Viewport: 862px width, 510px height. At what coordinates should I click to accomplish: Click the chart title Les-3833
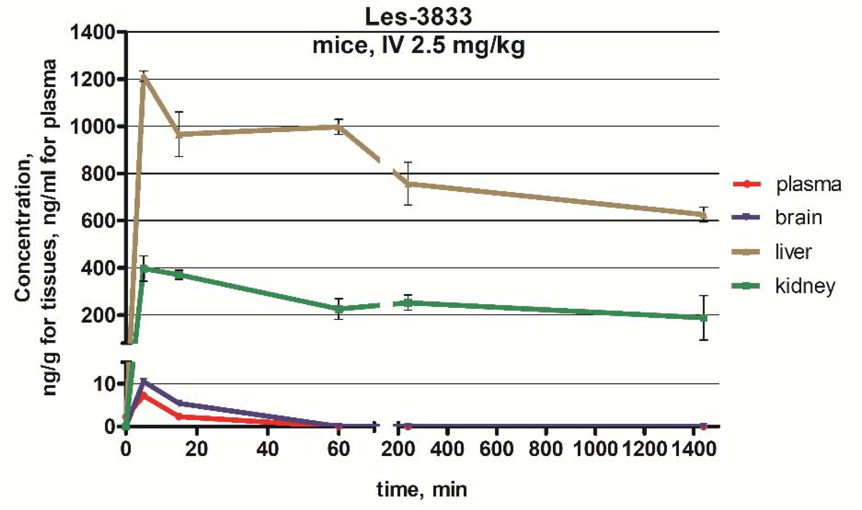[x=418, y=17]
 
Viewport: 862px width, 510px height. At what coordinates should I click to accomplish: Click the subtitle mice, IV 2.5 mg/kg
[x=418, y=46]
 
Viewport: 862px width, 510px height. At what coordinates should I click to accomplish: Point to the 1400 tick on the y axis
[x=92, y=32]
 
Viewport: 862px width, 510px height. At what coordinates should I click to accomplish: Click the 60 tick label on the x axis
[x=338, y=449]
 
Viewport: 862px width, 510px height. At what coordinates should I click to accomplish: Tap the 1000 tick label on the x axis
[x=595, y=449]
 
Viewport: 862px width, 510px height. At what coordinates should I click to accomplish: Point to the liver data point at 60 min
[x=338, y=127]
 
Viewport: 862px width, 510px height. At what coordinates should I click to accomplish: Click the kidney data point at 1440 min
[x=703, y=318]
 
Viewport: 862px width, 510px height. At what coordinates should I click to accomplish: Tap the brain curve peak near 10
[x=144, y=382]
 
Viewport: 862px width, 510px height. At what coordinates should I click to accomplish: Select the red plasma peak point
[x=144, y=396]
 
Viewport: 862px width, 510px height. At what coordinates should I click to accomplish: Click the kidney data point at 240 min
[x=408, y=303]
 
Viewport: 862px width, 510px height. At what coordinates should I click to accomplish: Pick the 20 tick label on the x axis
[x=196, y=449]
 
